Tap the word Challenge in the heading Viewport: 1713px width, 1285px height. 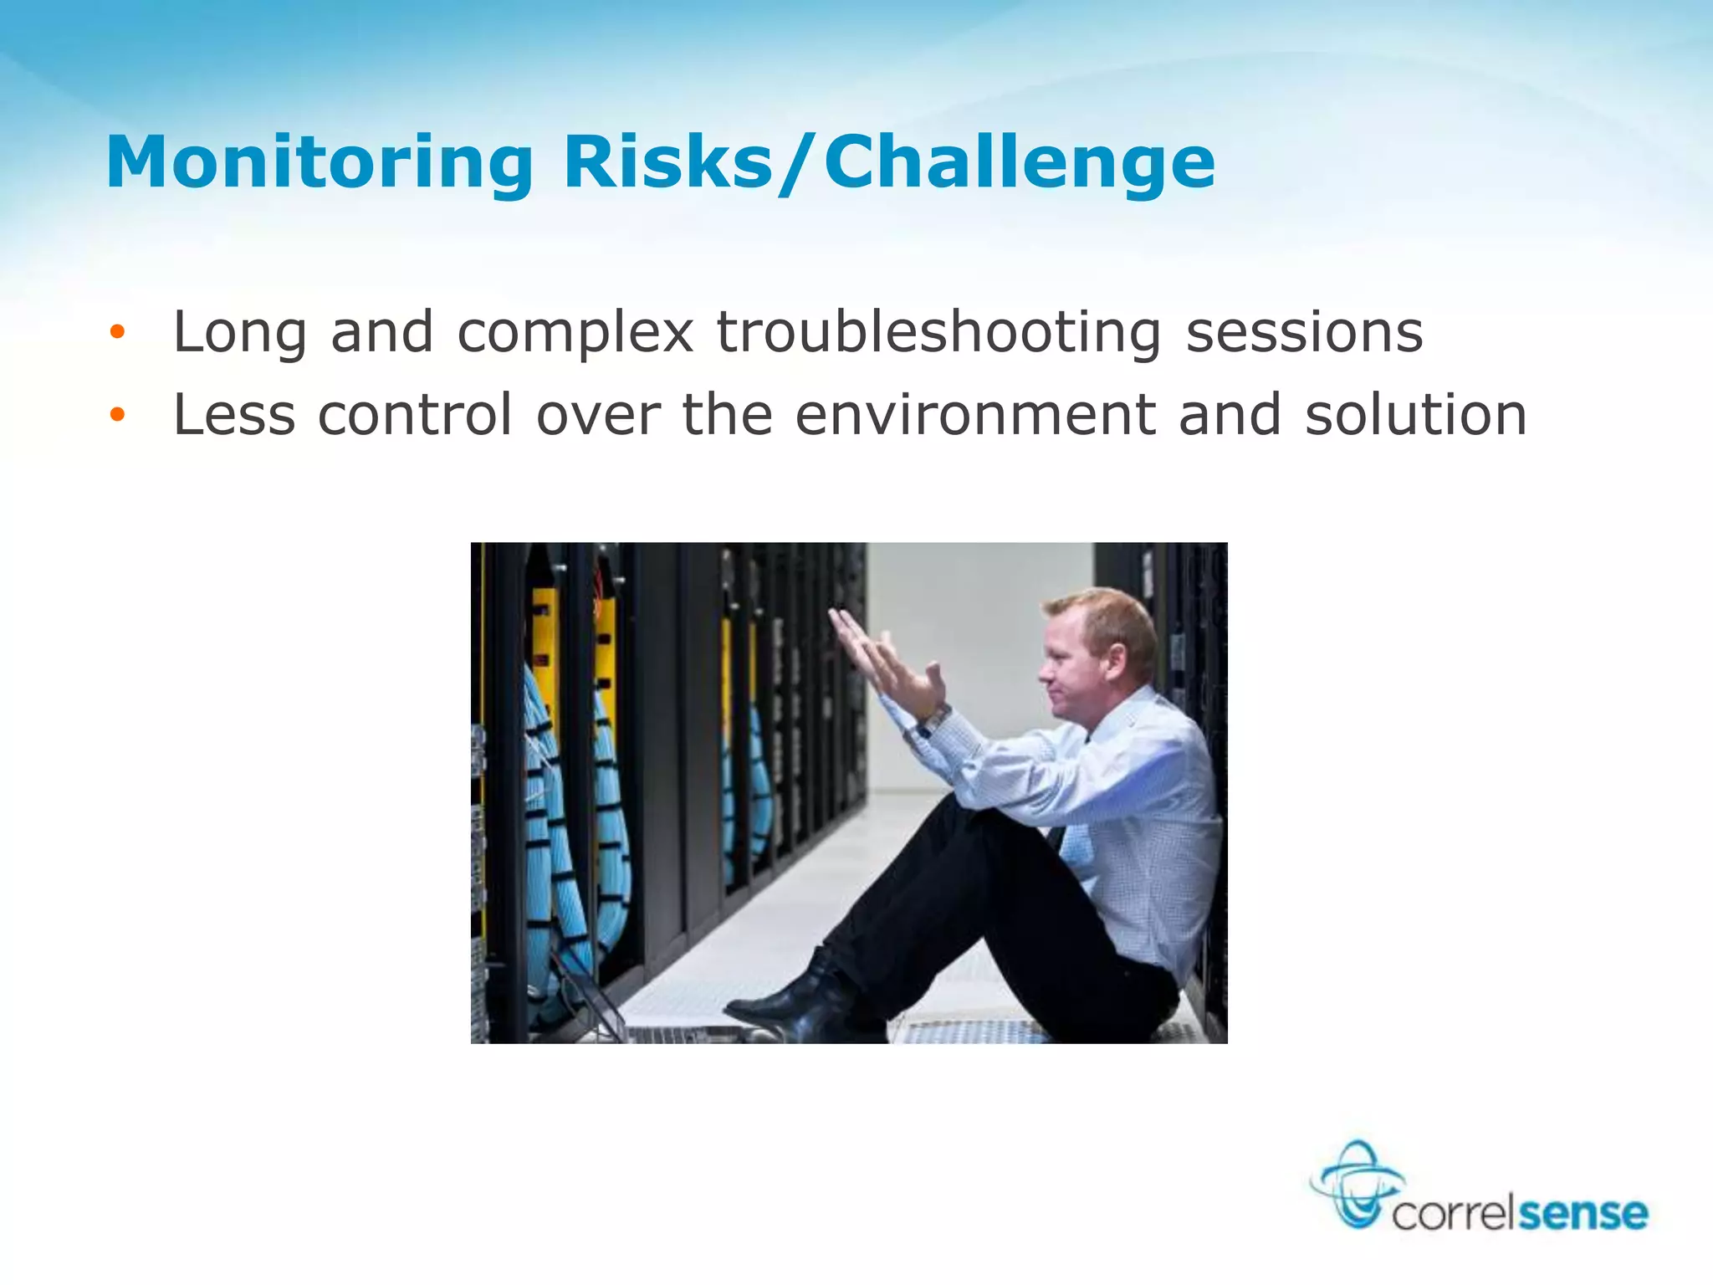click(x=1019, y=162)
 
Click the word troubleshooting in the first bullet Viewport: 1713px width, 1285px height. click(x=939, y=332)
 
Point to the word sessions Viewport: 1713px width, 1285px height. click(x=1304, y=332)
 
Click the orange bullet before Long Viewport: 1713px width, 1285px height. click(x=117, y=332)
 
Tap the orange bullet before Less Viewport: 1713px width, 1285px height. click(x=117, y=414)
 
